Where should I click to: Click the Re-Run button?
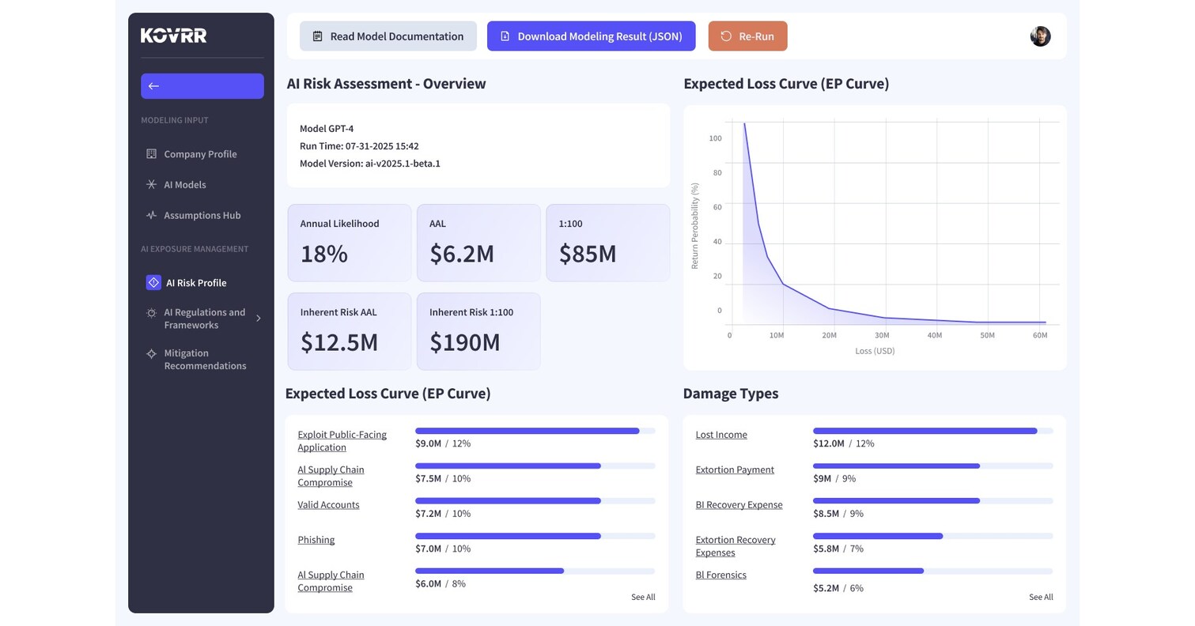pyautogui.click(x=747, y=36)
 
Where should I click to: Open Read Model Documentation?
pyautogui.click(x=388, y=36)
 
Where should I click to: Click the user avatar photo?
pyautogui.click(x=1040, y=36)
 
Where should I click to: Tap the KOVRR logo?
pyautogui.click(x=174, y=36)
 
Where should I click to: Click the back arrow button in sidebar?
pyautogui.click(x=202, y=86)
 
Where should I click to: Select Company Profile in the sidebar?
pyautogui.click(x=200, y=154)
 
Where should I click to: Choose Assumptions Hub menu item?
pyautogui.click(x=202, y=215)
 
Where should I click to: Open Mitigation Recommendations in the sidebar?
pyautogui.click(x=205, y=360)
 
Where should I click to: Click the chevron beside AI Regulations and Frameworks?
pyautogui.click(x=259, y=319)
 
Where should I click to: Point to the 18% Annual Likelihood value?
pyautogui.click(x=324, y=254)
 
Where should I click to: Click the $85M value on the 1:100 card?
pyautogui.click(x=588, y=254)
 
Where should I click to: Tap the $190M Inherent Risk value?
pyautogui.click(x=465, y=342)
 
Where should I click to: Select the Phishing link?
pyautogui.click(x=316, y=540)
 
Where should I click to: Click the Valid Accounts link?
pyautogui.click(x=328, y=505)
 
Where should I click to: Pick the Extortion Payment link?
pyautogui.click(x=735, y=470)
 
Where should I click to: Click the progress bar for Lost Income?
pyautogui.click(x=932, y=431)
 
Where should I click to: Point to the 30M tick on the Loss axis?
pyautogui.click(x=882, y=335)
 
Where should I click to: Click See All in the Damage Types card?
pyautogui.click(x=1041, y=598)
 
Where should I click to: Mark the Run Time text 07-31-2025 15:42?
pyautogui.click(x=382, y=146)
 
